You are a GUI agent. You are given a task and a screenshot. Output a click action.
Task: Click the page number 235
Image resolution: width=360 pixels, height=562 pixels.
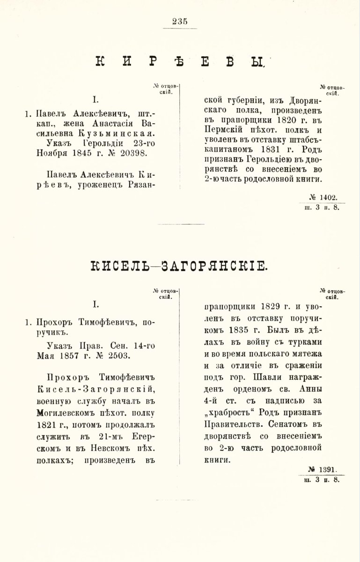(180, 21)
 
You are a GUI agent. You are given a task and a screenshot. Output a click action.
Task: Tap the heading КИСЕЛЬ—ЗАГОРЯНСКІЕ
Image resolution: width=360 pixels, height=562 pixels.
(179, 266)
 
